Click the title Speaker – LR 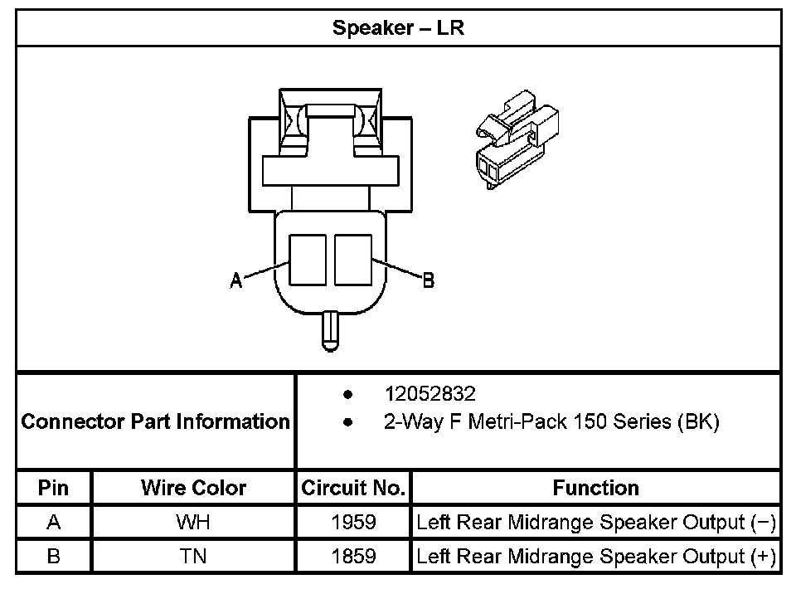tap(398, 27)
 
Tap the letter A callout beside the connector tap(236, 281)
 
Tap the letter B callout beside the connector tap(428, 281)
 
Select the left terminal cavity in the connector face tap(308, 260)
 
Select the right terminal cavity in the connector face tap(352, 260)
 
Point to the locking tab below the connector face tap(330, 330)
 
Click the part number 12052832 tap(430, 393)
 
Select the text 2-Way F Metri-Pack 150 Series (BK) tap(551, 421)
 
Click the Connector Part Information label tap(156, 421)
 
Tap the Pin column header tap(54, 488)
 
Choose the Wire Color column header tap(193, 488)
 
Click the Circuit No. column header tap(353, 488)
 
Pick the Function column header tap(595, 488)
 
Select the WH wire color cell tap(193, 523)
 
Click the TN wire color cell tap(193, 556)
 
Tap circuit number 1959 tap(353, 523)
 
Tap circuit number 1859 tap(353, 556)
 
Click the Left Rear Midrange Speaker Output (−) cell tap(595, 523)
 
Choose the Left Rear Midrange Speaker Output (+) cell tap(595, 556)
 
